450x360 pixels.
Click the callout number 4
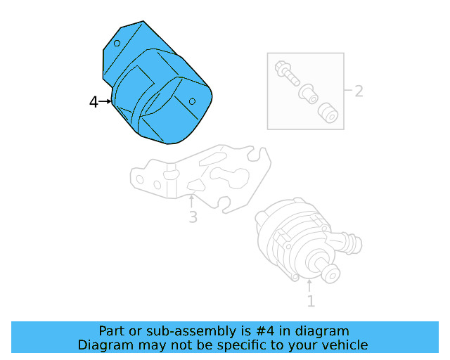[x=94, y=103]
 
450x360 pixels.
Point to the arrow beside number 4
[x=106, y=102]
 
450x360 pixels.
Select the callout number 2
[x=358, y=91]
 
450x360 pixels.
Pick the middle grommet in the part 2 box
[x=307, y=92]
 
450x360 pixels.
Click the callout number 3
[x=193, y=217]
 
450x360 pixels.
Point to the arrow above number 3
[x=191, y=200]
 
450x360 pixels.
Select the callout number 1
[x=310, y=302]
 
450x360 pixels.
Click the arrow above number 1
[x=309, y=285]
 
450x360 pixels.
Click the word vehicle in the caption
[x=344, y=345]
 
